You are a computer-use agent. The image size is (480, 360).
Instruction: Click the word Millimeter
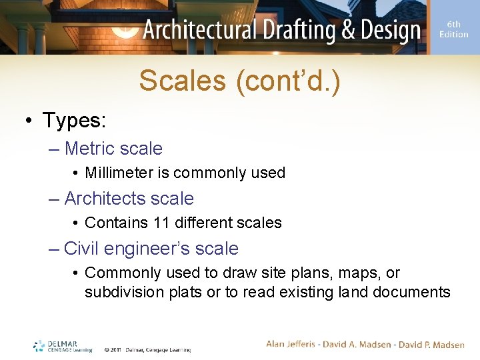pos(119,173)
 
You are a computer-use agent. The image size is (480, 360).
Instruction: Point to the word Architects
pos(105,199)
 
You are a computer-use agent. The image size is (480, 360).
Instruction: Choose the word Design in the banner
pos(387,30)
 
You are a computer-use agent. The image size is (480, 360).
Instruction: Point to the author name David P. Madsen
pos(431,345)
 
